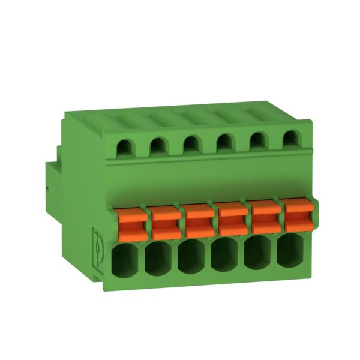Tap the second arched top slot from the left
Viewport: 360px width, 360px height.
coord(157,145)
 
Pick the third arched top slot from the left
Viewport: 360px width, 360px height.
coord(191,144)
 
